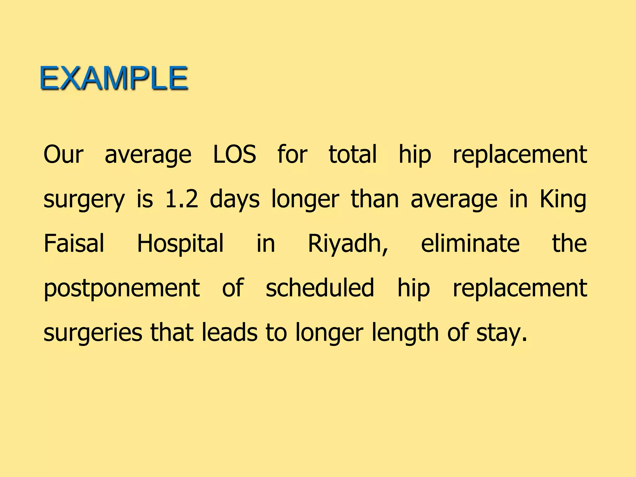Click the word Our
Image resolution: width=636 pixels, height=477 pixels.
64,154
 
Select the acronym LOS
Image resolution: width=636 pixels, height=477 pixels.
235,154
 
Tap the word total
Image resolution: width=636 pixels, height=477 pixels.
353,154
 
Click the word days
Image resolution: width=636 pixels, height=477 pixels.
235,199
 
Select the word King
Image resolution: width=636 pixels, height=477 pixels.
563,199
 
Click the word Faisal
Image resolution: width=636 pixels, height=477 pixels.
74,243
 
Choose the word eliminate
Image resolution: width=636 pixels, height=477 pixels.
470,243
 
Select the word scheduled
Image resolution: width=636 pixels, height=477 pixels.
320,288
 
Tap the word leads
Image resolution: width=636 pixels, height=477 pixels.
229,332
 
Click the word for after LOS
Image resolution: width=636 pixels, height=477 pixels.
292,154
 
